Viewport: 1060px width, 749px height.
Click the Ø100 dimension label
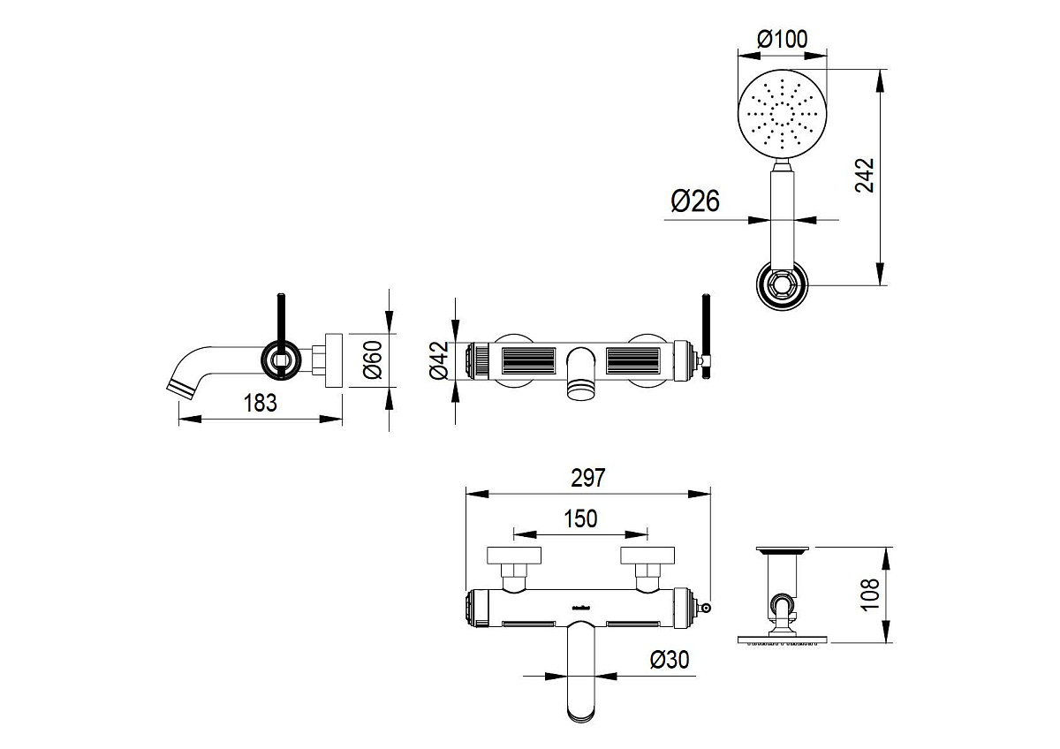(783, 39)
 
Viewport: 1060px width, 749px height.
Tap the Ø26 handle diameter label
(695, 201)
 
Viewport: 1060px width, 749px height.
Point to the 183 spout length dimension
(261, 403)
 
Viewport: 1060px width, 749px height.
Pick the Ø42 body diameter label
(440, 361)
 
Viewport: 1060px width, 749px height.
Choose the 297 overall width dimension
(587, 478)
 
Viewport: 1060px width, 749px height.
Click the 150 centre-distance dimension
(579, 518)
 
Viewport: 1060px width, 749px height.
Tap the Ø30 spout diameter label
(669, 659)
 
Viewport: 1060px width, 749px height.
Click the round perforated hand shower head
(783, 115)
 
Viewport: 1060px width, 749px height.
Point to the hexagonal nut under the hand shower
(783, 285)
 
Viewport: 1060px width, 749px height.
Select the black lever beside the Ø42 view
(707, 331)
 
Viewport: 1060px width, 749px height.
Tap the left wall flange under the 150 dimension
(513, 556)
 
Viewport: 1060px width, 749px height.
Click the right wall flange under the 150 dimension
(648, 556)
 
